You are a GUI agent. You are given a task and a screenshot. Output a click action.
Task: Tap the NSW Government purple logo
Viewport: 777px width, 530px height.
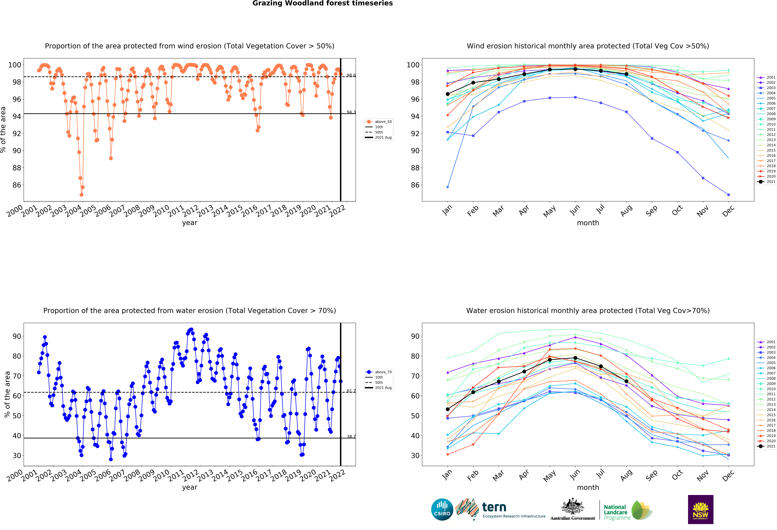tap(700, 509)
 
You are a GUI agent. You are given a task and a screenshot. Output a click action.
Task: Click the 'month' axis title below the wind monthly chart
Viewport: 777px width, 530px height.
tap(588, 223)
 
